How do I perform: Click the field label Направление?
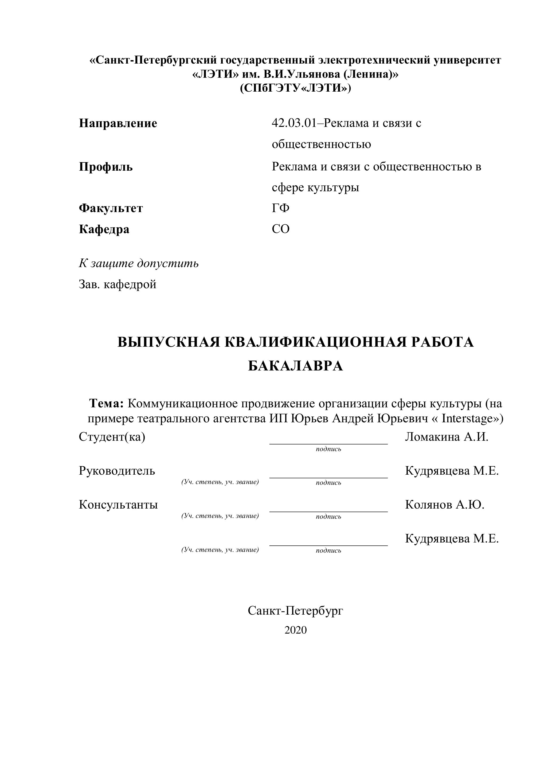click(x=118, y=123)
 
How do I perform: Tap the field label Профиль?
click(x=106, y=167)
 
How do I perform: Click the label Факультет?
click(x=111, y=208)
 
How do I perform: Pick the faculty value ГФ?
click(x=281, y=208)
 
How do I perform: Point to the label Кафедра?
click(x=104, y=229)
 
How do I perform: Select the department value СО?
click(x=281, y=229)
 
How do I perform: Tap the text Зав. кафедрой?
click(x=118, y=284)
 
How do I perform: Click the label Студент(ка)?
click(x=112, y=437)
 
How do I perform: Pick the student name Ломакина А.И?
click(x=446, y=437)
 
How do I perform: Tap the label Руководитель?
click(x=117, y=471)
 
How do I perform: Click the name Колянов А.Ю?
click(x=445, y=505)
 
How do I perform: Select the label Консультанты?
click(x=118, y=505)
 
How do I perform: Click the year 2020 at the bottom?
click(x=296, y=630)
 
